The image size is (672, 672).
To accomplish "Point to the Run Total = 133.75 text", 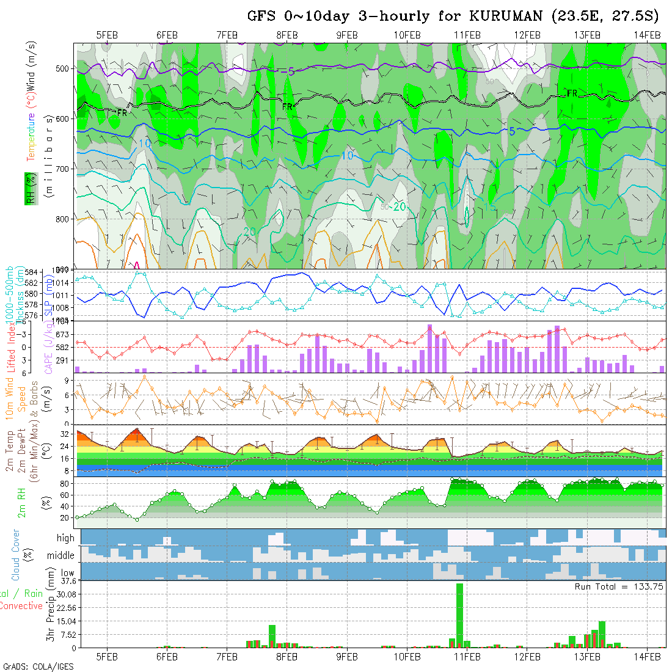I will pos(619,586).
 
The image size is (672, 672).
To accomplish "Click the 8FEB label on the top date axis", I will pos(287,35).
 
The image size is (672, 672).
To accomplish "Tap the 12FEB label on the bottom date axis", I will pos(527,657).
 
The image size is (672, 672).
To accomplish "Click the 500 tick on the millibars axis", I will pos(64,69).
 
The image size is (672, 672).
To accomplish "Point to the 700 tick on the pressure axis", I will pos(64,168).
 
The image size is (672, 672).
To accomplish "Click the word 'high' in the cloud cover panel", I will pos(65,538).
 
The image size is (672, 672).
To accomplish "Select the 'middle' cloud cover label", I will pos(60,556).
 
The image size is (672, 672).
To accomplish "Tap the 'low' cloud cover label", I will pos(67,573).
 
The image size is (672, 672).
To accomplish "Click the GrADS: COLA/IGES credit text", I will pos(38,667).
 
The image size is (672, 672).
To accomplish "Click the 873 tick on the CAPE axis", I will pos(64,335).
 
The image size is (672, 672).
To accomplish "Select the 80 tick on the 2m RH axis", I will pos(63,484).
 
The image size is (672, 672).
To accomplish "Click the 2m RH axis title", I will pos(23,502).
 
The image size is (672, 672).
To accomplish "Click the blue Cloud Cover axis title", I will pos(15,555).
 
